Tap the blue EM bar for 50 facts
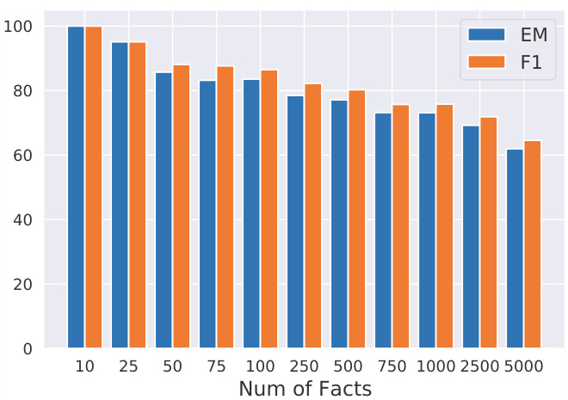[164, 211]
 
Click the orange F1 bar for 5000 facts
[533, 244]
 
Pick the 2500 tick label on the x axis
[479, 366]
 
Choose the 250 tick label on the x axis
[304, 366]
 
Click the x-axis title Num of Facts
[305, 389]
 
